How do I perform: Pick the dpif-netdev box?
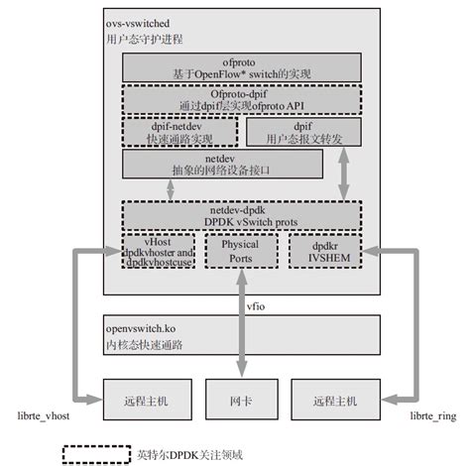(179, 132)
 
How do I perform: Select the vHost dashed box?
(159, 253)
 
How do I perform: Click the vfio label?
(258, 306)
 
